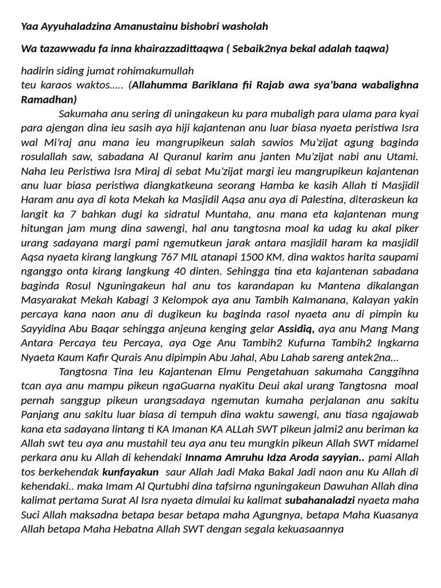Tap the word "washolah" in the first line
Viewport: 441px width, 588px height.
(x=246, y=26)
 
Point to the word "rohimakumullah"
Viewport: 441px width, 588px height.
(x=157, y=71)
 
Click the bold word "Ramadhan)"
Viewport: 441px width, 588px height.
(x=49, y=99)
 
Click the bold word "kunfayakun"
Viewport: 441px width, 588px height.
(x=130, y=471)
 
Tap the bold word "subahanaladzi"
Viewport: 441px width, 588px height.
(x=324, y=500)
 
